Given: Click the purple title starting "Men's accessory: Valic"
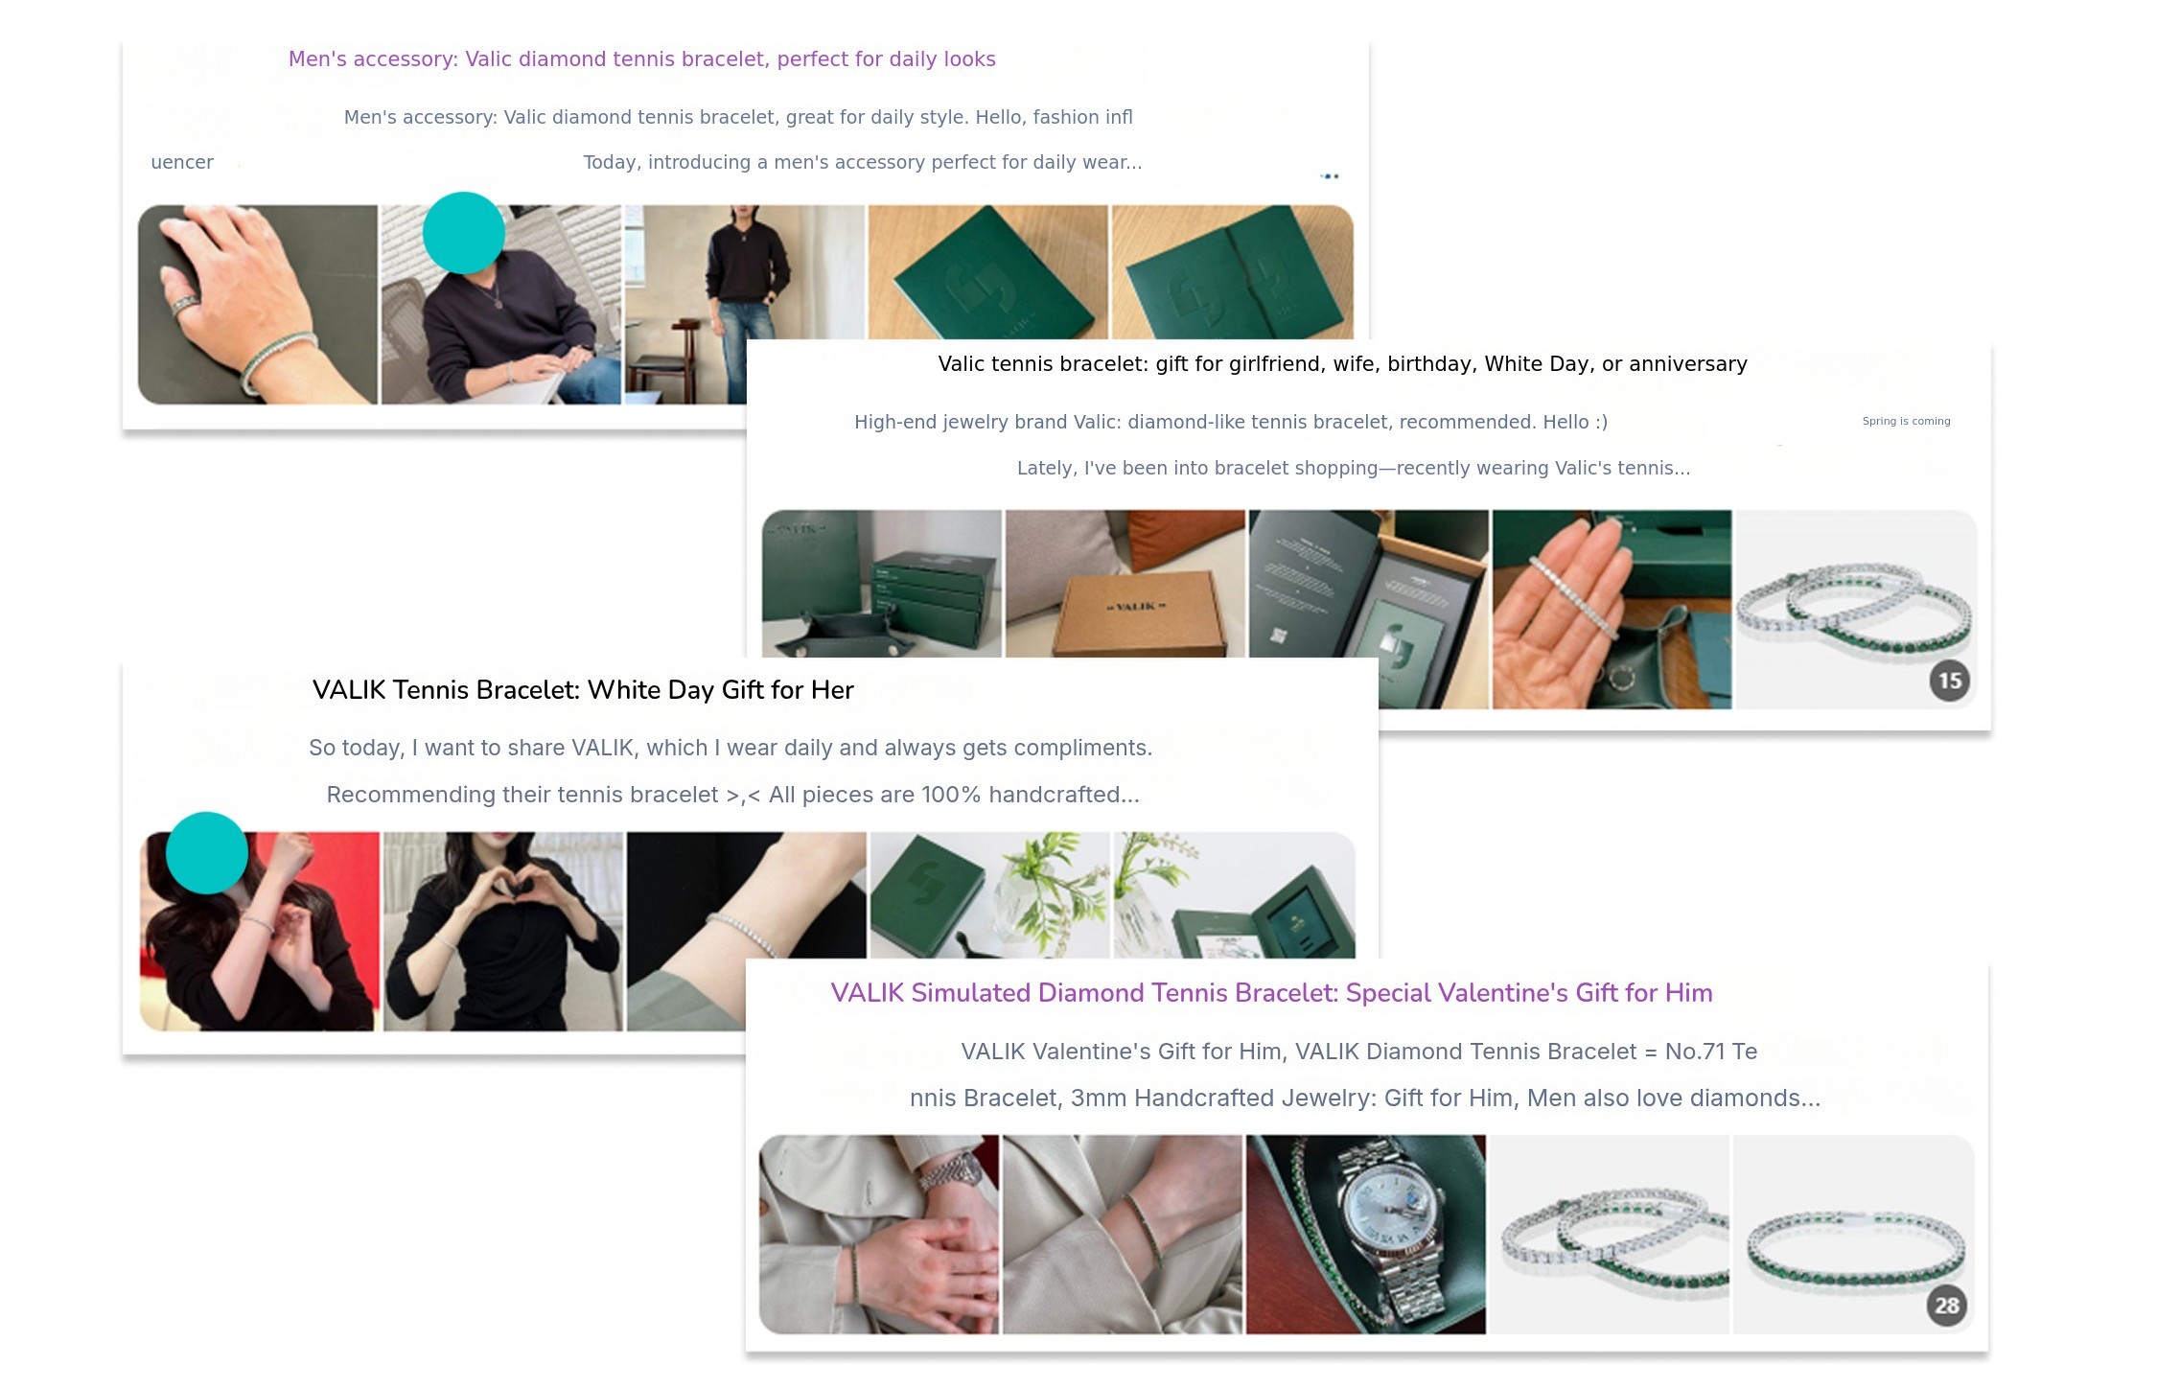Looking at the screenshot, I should coord(641,59).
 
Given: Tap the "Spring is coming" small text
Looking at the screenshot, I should coord(1905,421).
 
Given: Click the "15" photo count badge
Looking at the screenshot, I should coord(1949,681).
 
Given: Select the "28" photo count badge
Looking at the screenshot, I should coord(1946,1306).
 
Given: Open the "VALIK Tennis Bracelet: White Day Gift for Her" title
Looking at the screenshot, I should coord(582,690).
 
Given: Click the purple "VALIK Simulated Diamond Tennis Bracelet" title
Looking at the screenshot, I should coord(1270,993).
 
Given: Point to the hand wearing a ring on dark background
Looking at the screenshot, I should coord(257,304).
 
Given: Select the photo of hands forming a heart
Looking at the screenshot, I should coord(502,930).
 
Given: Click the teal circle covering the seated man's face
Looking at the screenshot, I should coord(463,233).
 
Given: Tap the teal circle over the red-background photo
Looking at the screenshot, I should coord(207,853).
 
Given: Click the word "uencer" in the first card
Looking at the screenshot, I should coord(182,163).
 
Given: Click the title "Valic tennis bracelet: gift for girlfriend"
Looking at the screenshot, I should coord(1342,364).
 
